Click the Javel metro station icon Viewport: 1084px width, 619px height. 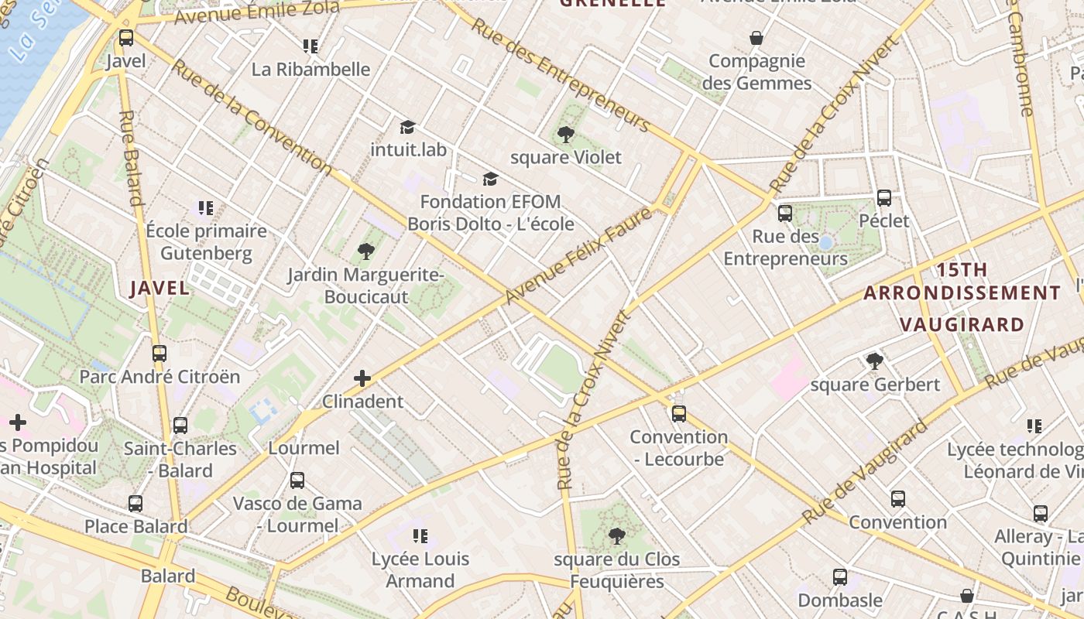[x=126, y=37]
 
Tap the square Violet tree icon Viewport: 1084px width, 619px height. [x=566, y=134]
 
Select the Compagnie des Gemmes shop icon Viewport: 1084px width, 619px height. [x=756, y=37]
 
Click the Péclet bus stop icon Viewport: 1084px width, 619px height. [x=883, y=197]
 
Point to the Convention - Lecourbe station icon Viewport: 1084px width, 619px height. [x=679, y=413]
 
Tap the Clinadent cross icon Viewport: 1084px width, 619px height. [x=362, y=378]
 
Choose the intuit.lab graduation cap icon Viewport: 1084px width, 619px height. [x=407, y=126]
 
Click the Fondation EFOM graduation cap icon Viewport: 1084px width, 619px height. [x=490, y=179]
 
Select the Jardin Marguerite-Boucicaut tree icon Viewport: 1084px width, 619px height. [x=366, y=251]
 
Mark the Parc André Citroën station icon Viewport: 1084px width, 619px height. [x=160, y=353]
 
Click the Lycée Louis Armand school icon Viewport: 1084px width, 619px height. [x=420, y=535]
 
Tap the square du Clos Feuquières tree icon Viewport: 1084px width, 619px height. [x=616, y=535]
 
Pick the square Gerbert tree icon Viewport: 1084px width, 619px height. [x=875, y=361]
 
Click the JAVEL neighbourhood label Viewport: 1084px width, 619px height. [x=160, y=289]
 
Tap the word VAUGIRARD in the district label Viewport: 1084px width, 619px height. [x=962, y=324]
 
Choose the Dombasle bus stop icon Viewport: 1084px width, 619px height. [x=840, y=576]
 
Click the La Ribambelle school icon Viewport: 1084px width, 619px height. [x=310, y=46]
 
